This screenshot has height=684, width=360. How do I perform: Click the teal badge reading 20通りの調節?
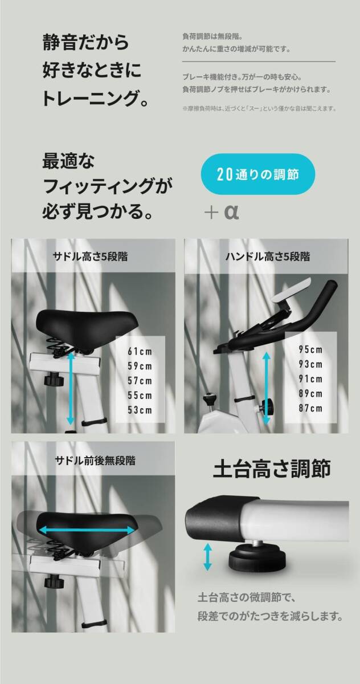pos(258,174)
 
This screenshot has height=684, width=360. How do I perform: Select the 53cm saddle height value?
pos(140,410)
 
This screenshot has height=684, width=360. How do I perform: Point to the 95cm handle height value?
pos(310,349)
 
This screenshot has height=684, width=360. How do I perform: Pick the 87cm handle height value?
pos(310,408)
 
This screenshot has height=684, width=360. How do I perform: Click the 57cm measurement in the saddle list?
pos(140,380)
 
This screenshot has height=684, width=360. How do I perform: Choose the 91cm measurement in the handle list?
pos(310,379)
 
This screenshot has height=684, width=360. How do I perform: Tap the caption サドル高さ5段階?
pos(91,256)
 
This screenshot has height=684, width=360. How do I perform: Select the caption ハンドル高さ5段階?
pos(267,256)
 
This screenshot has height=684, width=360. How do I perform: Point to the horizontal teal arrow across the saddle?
pos(87,530)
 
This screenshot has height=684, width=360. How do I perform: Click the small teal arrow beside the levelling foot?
pos(207,556)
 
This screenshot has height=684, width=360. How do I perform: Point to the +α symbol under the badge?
pos(222,213)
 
